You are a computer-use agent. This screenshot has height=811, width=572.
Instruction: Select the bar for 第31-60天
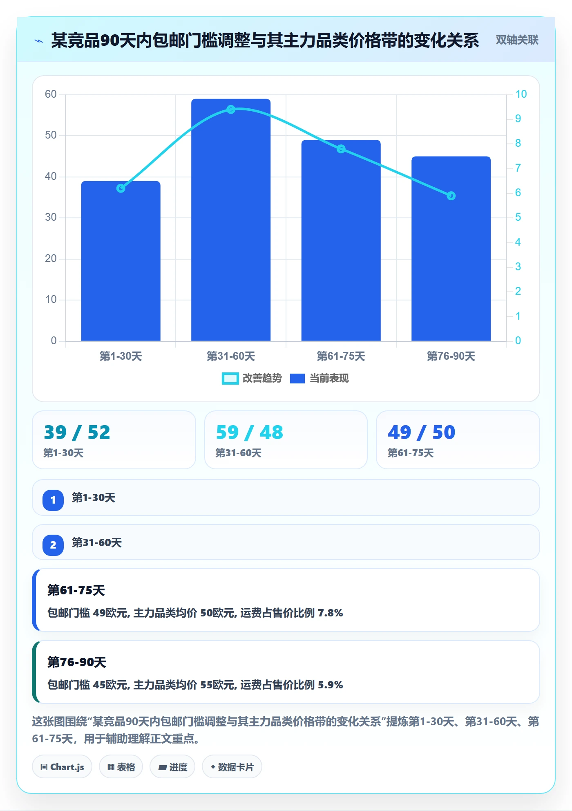point(231,220)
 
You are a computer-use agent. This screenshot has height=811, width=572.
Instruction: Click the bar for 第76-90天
point(451,249)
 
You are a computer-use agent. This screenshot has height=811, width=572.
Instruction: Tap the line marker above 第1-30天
point(121,188)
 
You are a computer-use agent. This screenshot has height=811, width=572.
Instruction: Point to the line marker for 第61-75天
point(341,149)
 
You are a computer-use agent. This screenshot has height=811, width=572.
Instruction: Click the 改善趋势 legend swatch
point(230,379)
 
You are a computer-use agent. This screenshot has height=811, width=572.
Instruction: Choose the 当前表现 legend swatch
point(297,379)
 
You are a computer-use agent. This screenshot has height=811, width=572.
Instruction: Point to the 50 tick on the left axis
point(51,135)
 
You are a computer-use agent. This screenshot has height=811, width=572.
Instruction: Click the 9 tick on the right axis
point(518,119)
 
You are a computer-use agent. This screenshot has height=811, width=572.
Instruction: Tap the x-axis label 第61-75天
point(341,356)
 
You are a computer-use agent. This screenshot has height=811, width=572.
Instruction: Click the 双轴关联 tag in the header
point(517,40)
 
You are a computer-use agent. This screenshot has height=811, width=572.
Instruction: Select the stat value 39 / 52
point(77,432)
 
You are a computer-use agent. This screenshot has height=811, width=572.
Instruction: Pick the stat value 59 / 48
point(249,432)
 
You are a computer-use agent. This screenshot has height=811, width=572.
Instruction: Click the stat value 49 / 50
point(421,432)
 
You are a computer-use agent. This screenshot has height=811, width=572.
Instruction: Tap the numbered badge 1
point(53,500)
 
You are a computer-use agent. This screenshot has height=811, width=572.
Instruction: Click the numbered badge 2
point(53,545)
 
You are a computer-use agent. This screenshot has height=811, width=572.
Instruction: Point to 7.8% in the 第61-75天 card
point(330,613)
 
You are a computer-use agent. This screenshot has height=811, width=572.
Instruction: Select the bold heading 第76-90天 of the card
point(77,662)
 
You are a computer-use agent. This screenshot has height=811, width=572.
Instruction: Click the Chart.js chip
point(62,767)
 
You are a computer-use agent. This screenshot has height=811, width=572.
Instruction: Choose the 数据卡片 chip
point(232,767)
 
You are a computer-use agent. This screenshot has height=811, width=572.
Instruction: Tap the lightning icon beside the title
point(39,41)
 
